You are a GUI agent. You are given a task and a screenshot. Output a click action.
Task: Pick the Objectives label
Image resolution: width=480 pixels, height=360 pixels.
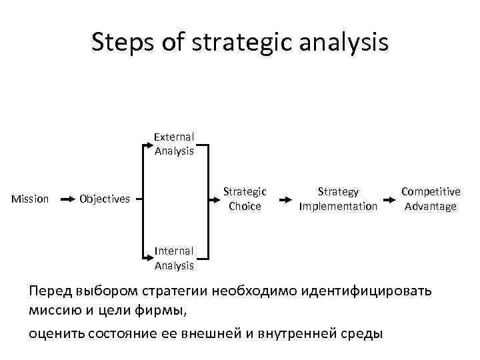click(x=105, y=199)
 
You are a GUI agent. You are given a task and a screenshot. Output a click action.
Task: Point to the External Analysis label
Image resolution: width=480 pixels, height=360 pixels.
click(x=174, y=144)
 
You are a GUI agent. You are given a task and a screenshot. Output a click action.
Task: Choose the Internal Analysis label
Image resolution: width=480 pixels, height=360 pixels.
click(x=174, y=259)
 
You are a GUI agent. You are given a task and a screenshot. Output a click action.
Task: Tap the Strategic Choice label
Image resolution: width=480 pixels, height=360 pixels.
click(x=245, y=199)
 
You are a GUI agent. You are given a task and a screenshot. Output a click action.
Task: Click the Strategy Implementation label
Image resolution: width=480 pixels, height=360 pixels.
click(x=338, y=199)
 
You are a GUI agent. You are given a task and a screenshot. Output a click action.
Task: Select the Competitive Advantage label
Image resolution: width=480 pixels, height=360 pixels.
click(x=431, y=199)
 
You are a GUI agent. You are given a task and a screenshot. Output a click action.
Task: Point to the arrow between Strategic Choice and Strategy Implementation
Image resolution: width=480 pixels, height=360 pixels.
click(x=285, y=199)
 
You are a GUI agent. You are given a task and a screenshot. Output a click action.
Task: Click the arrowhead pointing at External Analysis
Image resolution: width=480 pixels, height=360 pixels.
click(x=150, y=141)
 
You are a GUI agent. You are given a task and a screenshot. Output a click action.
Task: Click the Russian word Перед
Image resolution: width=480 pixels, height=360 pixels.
click(x=50, y=291)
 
